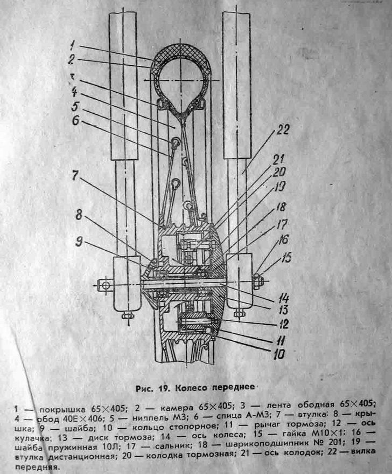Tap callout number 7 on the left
pyautogui.click(x=75, y=176)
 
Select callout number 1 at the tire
pyautogui.click(x=72, y=46)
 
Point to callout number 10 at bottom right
pyautogui.click(x=279, y=354)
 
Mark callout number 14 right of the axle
pyautogui.click(x=284, y=299)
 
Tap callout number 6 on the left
pyautogui.click(x=75, y=121)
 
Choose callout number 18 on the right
pyautogui.click(x=281, y=208)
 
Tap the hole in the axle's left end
pyautogui.click(x=104, y=285)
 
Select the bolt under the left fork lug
pyautogui.click(x=128, y=315)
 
